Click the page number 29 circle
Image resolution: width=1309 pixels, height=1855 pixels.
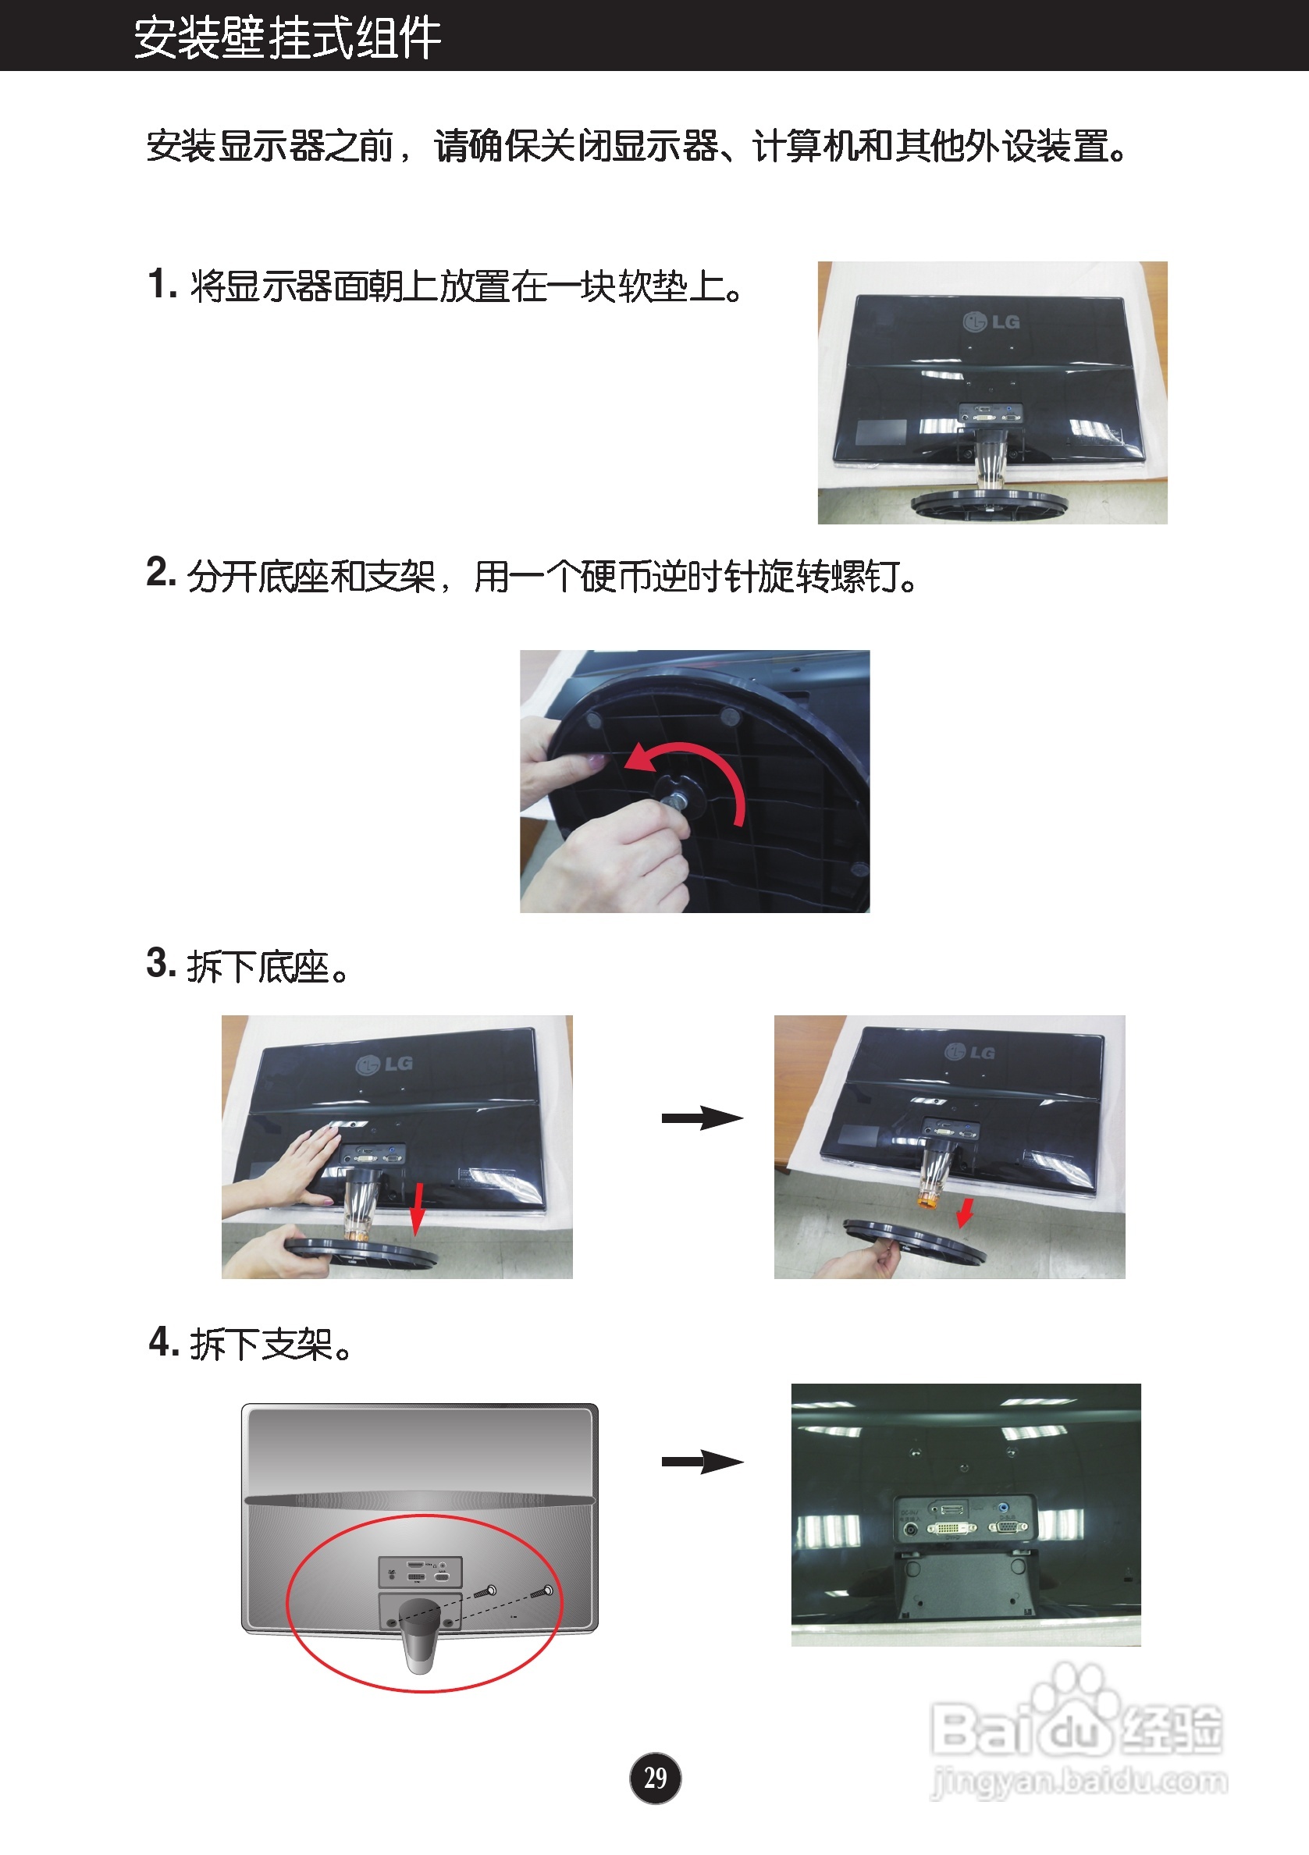click(654, 1778)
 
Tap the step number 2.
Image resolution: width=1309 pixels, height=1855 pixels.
click(160, 572)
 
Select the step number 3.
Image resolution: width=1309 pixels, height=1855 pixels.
click(160, 963)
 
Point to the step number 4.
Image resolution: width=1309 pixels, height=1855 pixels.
click(163, 1341)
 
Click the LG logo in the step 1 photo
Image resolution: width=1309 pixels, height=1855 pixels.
click(991, 322)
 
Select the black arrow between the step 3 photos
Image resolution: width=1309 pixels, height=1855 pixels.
click(703, 1118)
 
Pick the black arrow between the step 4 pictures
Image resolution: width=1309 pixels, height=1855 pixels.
click(703, 1461)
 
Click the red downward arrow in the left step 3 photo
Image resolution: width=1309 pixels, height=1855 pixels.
click(417, 1210)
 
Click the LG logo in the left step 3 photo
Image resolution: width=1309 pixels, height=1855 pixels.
click(385, 1064)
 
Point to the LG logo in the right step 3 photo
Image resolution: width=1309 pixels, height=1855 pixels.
click(969, 1052)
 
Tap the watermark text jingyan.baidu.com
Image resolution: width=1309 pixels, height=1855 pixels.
click(1079, 1782)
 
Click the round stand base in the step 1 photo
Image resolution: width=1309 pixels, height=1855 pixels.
click(989, 502)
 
